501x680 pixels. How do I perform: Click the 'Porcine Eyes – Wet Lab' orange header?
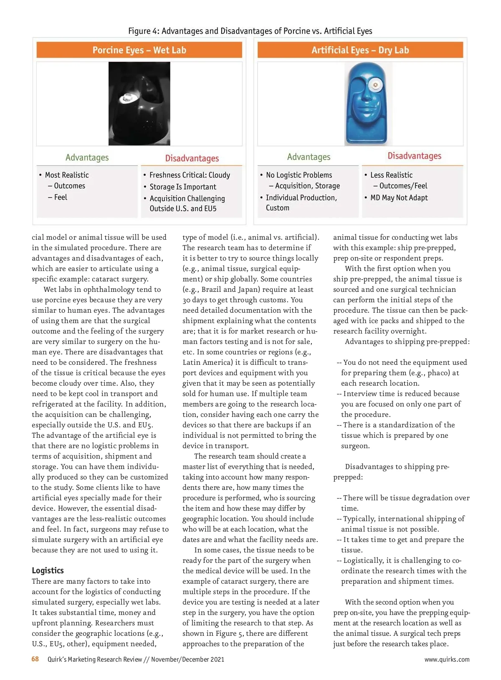coord(139,50)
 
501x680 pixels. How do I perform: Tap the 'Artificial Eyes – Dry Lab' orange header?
coord(360,50)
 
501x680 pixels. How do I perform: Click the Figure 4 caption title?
coord(250,31)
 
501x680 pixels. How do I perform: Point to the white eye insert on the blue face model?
coord(375,85)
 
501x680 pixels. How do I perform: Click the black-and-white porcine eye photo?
coord(139,103)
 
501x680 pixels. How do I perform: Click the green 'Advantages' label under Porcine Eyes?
coord(87,157)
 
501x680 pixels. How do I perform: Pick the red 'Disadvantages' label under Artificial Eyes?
coord(414,156)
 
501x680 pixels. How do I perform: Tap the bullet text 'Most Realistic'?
coord(67,175)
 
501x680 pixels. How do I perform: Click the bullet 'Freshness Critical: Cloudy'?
coord(190,175)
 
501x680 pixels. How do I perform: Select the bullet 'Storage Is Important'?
coord(183,187)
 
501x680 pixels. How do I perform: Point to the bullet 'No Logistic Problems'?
coord(299,175)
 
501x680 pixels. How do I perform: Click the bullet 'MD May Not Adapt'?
coord(399,198)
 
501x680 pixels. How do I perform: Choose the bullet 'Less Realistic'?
coord(391,175)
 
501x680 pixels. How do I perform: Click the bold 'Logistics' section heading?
coord(48,570)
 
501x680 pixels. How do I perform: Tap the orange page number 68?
coord(35,659)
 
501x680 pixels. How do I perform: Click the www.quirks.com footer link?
coord(447,659)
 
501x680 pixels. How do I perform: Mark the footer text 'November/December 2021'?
coord(187,659)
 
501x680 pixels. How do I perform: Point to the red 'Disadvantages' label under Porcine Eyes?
coord(192,158)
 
